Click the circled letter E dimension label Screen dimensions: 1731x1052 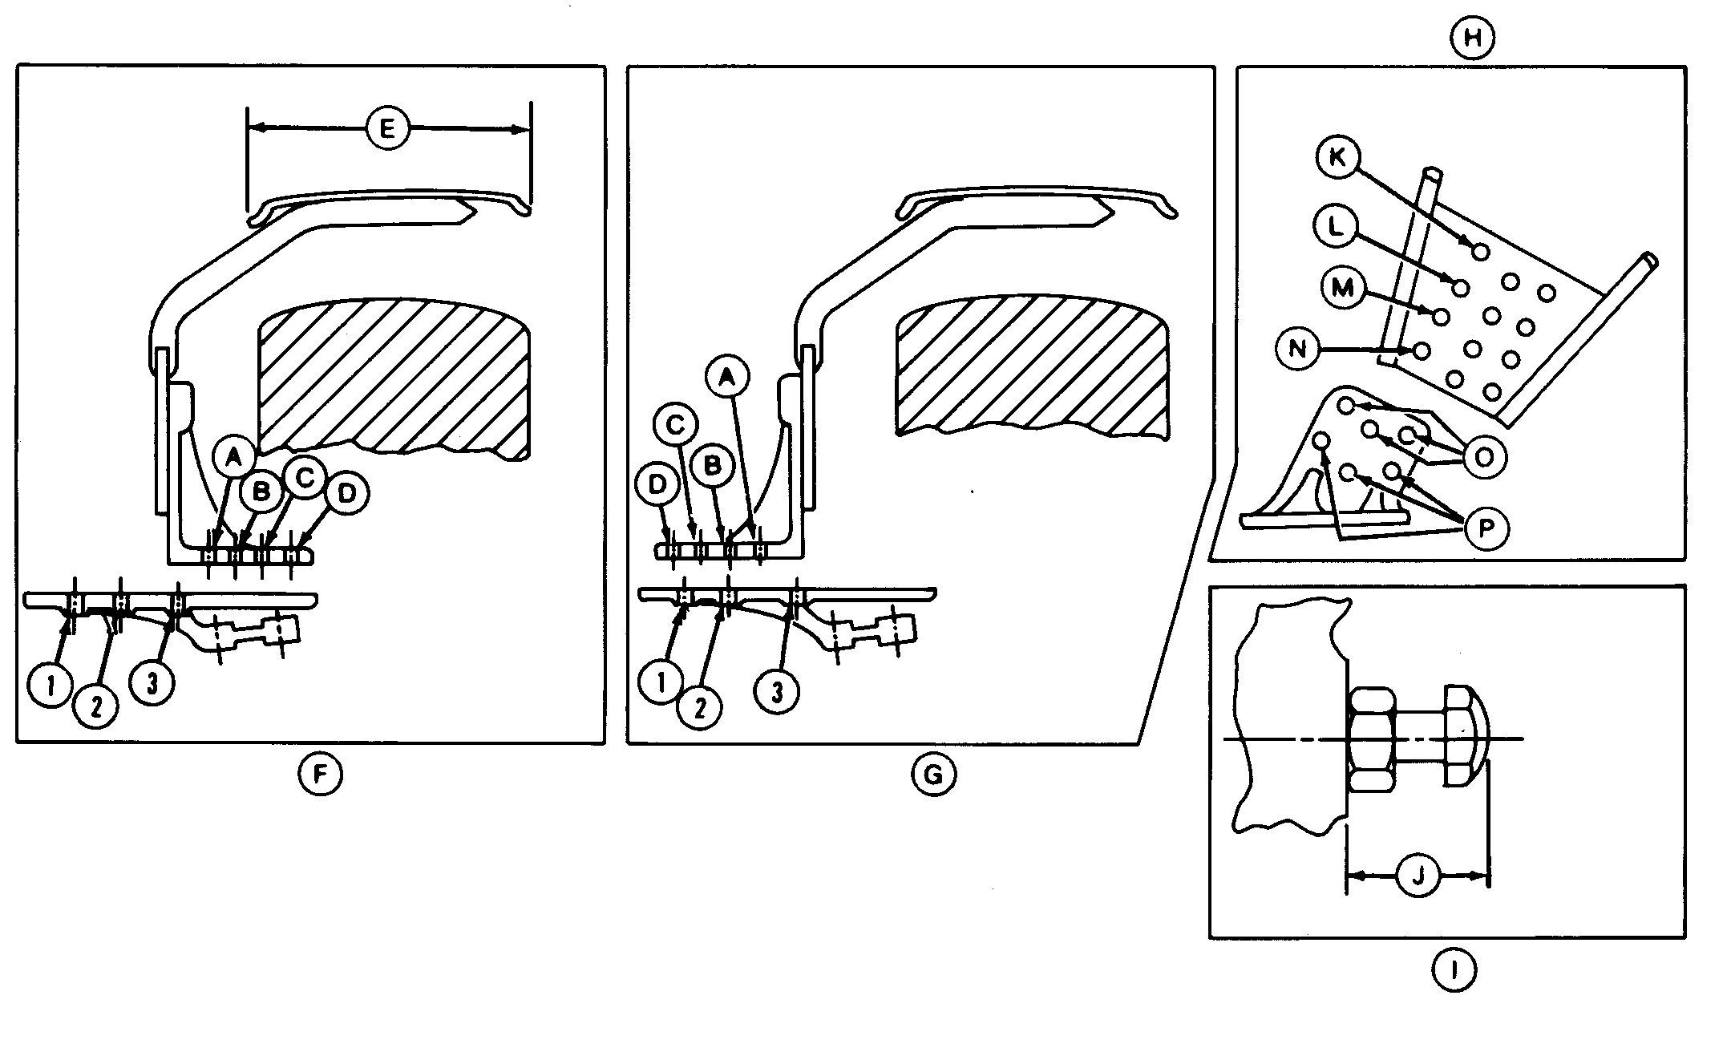pos(387,129)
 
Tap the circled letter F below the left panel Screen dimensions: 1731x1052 pos(320,775)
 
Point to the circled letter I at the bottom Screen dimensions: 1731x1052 pos(1453,972)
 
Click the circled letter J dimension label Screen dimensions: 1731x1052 pos(1418,876)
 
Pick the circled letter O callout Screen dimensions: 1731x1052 pos(1484,457)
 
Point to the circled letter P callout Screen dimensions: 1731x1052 pos(1486,530)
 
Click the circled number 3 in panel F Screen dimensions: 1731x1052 pos(152,684)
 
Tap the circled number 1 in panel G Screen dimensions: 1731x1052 pos(661,684)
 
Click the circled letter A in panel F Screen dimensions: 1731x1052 pos(233,458)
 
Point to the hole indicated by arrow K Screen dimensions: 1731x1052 pos(1481,253)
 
